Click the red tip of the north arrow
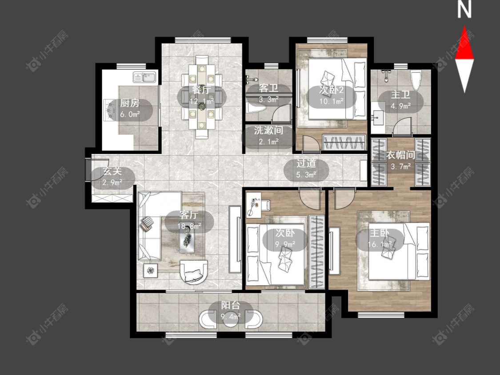coord(464,27)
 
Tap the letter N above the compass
coord(464,10)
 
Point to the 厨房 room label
coord(130,103)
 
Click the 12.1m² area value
coord(201,101)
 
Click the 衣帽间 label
coord(401,156)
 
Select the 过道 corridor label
coord(306,163)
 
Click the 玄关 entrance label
coord(112,171)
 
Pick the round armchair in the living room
coord(194,272)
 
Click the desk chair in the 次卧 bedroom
coord(265,205)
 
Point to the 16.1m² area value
coord(380,244)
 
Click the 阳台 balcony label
coord(231,305)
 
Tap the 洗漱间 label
coord(268,131)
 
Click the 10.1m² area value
coord(332,101)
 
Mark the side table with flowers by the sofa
coord(151,271)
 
